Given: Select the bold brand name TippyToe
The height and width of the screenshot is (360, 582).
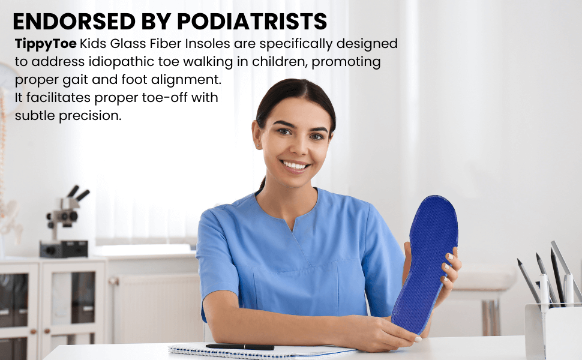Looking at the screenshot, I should pos(46,44).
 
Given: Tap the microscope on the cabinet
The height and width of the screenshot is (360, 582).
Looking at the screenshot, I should pos(65,222).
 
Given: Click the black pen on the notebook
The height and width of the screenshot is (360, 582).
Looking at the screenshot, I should pos(239,347).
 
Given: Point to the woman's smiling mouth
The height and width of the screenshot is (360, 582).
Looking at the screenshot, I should pos(295,164).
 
